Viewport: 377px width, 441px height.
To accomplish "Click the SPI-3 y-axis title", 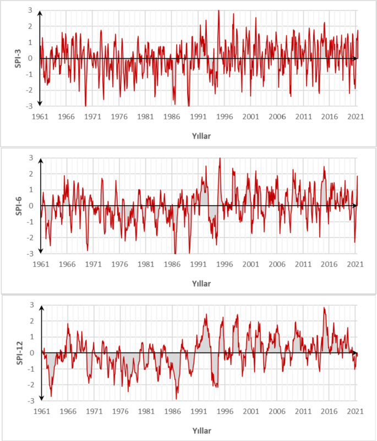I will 18,58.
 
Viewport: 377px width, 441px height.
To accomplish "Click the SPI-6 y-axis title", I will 18,206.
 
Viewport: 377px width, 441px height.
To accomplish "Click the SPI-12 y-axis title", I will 18,352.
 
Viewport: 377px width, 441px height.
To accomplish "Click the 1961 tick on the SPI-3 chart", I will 41,117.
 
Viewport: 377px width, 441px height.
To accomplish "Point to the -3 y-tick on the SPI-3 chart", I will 32,105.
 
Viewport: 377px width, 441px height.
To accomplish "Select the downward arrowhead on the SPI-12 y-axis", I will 41,399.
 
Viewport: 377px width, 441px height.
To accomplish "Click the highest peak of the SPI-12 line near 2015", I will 324,308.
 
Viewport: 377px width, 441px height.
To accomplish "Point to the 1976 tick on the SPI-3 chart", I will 119,117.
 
